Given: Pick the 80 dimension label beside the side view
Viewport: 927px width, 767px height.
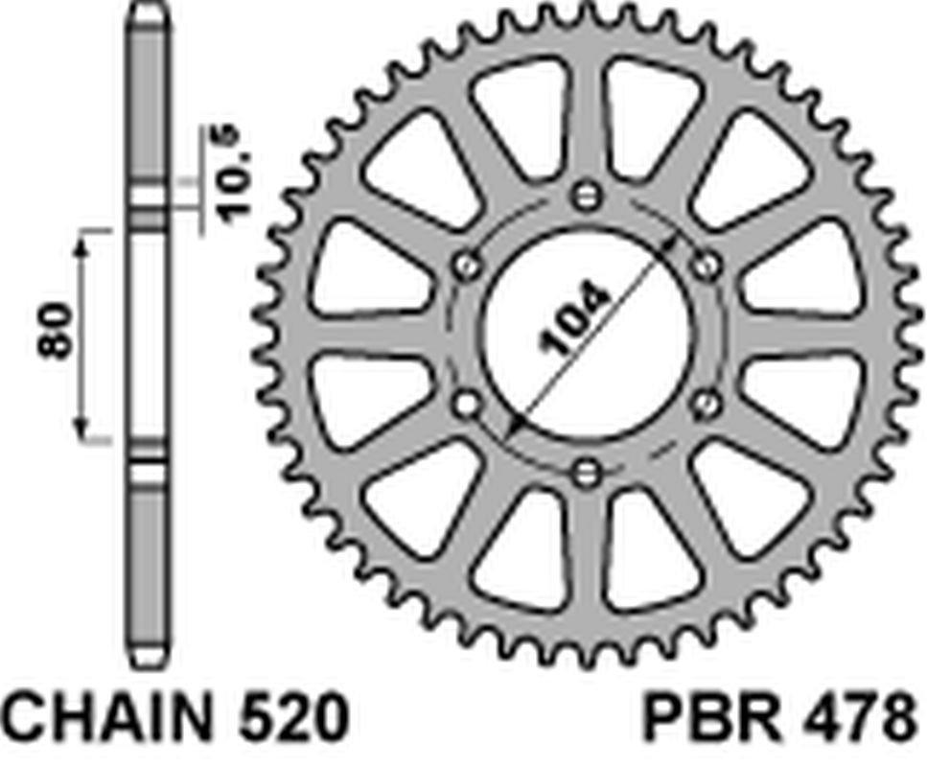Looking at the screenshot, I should [57, 331].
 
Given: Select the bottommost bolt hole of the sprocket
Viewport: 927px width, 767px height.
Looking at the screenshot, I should [588, 472].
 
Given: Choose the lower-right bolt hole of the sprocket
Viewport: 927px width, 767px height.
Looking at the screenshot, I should [708, 404].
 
